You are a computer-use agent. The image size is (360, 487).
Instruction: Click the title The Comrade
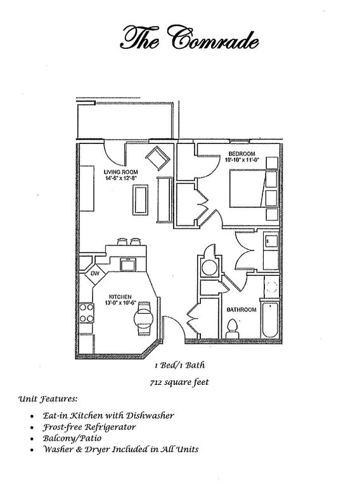coord(189,38)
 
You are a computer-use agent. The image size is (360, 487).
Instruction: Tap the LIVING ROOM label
coord(120,172)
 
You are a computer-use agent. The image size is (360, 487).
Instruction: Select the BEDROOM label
coord(241,153)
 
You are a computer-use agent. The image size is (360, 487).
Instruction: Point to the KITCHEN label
coord(120,297)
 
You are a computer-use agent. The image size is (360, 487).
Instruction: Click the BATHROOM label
coord(241,309)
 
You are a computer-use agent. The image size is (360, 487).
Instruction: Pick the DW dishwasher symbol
coord(94,274)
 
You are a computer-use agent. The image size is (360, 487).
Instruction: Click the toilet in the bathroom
coord(232,328)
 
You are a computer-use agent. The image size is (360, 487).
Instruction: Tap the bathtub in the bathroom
coord(270,320)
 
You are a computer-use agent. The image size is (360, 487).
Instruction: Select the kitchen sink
coord(128,264)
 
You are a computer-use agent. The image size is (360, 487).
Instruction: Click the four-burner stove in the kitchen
coord(87,313)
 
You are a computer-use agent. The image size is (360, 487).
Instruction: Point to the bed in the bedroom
coord(254,188)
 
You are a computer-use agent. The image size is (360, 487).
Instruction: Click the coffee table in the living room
coord(141,200)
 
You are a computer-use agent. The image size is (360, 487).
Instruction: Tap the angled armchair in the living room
coord(158,158)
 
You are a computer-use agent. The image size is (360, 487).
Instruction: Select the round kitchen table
coord(143,318)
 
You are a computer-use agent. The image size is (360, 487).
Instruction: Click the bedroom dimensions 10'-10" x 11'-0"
coord(242,160)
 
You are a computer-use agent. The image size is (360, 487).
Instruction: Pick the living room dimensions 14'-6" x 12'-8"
coord(121,178)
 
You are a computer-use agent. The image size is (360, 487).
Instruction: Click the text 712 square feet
coord(179,382)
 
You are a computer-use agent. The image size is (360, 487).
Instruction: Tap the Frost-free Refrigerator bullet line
coord(89,427)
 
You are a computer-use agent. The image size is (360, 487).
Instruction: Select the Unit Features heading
coord(48,399)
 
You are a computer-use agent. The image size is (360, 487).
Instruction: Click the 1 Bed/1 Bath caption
coord(180,365)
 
